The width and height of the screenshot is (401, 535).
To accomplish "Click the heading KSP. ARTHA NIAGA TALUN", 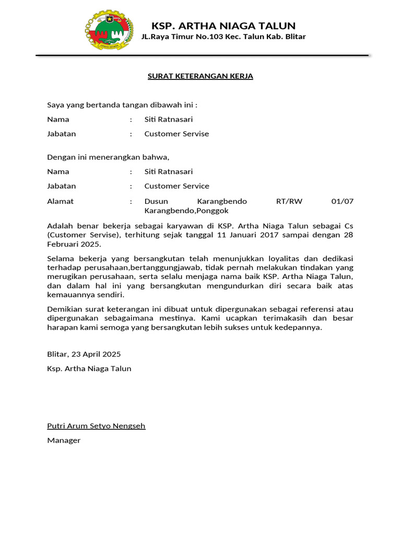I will (223, 26).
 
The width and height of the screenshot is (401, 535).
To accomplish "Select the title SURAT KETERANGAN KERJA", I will (200, 76).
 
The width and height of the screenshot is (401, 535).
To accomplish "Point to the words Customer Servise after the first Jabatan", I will (176, 134).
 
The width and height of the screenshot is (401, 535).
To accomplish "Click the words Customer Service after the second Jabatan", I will (176, 186).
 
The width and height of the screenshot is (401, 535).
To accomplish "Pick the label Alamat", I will (61, 201).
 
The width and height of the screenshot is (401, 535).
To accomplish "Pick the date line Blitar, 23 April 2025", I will (84, 354).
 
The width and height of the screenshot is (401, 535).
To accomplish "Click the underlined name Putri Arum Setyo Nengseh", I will (96, 426).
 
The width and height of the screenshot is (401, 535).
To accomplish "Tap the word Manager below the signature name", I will (64, 440).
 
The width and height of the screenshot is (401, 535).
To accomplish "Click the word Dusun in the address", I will (155, 201).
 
